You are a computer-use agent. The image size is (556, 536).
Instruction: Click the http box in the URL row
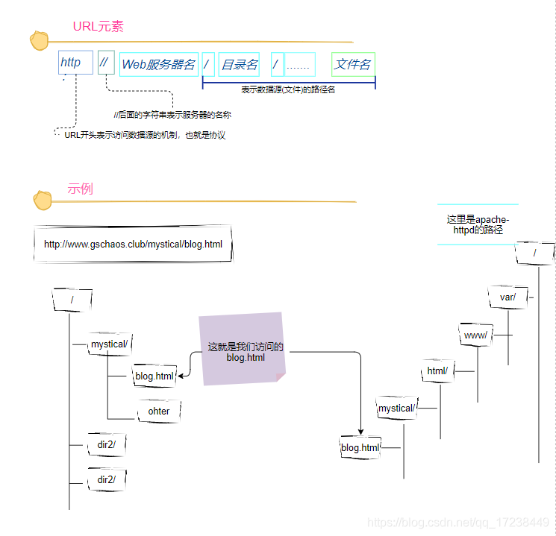point(75,63)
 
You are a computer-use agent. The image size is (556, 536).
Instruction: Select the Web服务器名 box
point(159,65)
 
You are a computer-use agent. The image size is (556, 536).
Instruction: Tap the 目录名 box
point(239,65)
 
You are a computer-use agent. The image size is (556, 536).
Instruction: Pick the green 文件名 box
point(353,65)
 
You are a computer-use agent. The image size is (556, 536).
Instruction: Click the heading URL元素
point(98,27)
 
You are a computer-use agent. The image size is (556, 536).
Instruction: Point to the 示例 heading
point(80,189)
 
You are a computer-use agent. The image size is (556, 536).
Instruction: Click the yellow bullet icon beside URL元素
point(39,40)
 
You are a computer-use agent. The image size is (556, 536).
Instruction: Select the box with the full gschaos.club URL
point(134,244)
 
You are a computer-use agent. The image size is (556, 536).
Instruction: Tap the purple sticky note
point(242,349)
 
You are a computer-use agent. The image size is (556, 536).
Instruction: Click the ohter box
point(159,411)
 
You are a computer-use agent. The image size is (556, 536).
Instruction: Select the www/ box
point(476,335)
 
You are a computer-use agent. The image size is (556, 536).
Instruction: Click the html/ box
point(437,371)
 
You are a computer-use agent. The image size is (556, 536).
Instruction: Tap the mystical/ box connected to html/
point(396,409)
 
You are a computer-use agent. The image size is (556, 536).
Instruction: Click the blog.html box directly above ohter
point(154,376)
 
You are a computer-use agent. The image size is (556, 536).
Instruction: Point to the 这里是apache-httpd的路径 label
point(478,224)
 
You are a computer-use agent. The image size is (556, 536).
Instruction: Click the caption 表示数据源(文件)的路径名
point(288,89)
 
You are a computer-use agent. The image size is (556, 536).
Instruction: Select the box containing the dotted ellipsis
point(300,65)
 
